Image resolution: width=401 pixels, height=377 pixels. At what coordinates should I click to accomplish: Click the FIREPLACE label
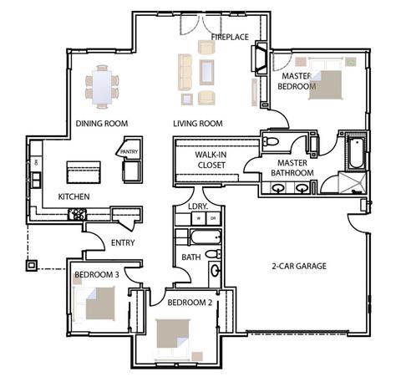click(230, 37)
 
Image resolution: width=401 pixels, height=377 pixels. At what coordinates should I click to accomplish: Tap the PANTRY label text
click(129, 152)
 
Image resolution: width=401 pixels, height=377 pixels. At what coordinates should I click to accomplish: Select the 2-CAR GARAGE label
click(299, 266)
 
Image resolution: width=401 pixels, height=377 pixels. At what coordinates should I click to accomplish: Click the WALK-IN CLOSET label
click(211, 160)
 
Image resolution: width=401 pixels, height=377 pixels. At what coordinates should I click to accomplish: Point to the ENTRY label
click(123, 242)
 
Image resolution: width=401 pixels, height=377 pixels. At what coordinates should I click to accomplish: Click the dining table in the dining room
click(102, 87)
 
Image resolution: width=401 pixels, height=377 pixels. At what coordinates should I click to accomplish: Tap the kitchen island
click(84, 172)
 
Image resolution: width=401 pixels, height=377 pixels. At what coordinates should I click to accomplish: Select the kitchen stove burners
click(77, 214)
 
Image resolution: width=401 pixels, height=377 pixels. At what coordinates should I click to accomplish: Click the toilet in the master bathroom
click(271, 142)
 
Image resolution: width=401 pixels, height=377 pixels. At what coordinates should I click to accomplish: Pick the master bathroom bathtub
click(356, 152)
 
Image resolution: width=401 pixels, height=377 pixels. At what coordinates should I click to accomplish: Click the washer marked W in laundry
click(199, 218)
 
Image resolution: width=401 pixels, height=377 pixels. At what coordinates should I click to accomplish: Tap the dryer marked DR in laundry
click(213, 218)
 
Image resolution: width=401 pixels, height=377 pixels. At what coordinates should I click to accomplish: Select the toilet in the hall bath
click(213, 254)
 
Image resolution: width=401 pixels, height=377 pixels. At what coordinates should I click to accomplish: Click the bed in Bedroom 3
click(94, 303)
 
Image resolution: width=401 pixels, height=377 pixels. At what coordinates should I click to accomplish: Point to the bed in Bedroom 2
click(173, 338)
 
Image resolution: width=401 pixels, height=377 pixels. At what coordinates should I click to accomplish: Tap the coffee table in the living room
click(206, 72)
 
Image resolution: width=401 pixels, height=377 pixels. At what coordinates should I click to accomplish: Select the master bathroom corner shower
click(352, 183)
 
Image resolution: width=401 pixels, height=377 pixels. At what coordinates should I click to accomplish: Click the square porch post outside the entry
click(32, 266)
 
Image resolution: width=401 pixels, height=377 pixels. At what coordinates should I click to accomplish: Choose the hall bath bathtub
click(206, 237)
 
